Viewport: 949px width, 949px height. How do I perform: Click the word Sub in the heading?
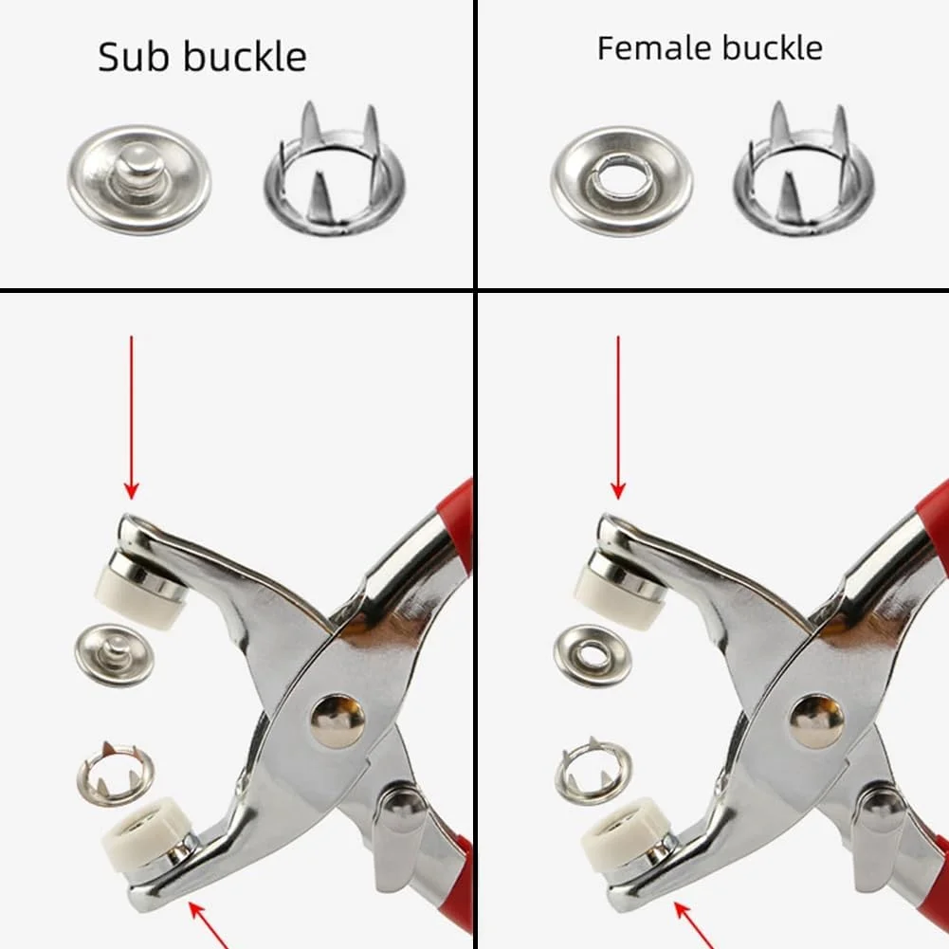[134, 57]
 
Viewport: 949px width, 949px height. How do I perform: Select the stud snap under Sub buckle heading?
[139, 180]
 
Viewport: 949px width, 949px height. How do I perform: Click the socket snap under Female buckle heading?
[622, 180]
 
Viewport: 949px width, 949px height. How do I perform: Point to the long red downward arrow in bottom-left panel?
[132, 417]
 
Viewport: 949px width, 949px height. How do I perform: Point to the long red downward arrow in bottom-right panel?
[618, 417]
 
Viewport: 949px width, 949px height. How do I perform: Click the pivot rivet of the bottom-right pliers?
[817, 721]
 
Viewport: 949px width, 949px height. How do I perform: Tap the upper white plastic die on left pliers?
[138, 598]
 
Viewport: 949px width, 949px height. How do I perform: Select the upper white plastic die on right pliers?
[618, 598]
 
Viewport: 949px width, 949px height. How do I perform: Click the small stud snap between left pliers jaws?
[114, 655]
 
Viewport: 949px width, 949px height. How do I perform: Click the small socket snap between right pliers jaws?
[593, 655]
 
